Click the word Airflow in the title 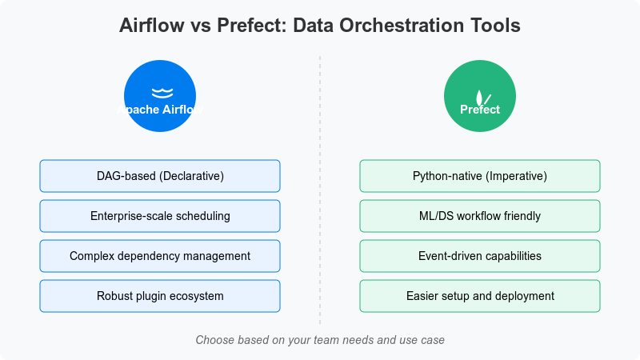click(x=150, y=26)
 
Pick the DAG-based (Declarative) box click(x=160, y=176)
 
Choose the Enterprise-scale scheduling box click(x=160, y=216)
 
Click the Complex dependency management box click(x=160, y=256)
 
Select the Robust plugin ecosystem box click(x=160, y=296)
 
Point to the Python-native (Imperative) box click(x=480, y=176)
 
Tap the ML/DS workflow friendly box click(x=480, y=216)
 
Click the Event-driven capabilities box click(x=480, y=256)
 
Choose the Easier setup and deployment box click(x=480, y=296)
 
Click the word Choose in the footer click(x=214, y=340)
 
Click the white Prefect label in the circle click(x=480, y=110)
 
